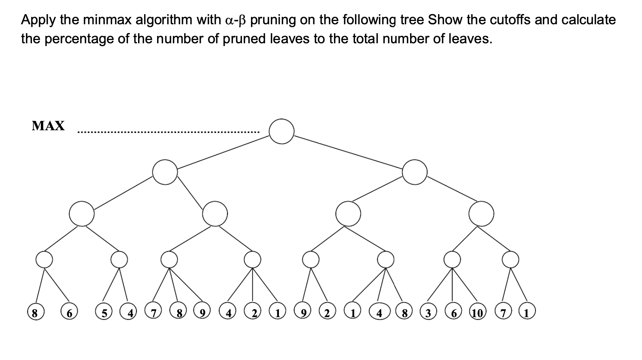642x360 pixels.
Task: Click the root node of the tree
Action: (281, 131)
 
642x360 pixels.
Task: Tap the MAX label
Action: (48, 126)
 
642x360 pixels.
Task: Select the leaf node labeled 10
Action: (477, 313)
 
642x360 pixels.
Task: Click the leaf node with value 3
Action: (427, 313)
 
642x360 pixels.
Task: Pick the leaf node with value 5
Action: (104, 313)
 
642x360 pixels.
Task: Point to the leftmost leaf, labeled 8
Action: (35, 313)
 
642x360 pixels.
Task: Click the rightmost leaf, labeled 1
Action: (527, 313)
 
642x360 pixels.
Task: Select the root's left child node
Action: (165, 172)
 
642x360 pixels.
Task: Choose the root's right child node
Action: (414, 172)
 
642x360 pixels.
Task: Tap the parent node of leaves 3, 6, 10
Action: (452, 259)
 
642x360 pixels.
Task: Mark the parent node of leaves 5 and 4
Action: (119, 259)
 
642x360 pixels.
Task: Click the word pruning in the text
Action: (273, 19)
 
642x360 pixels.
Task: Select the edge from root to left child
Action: (223, 152)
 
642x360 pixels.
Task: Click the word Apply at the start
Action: (36, 20)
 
